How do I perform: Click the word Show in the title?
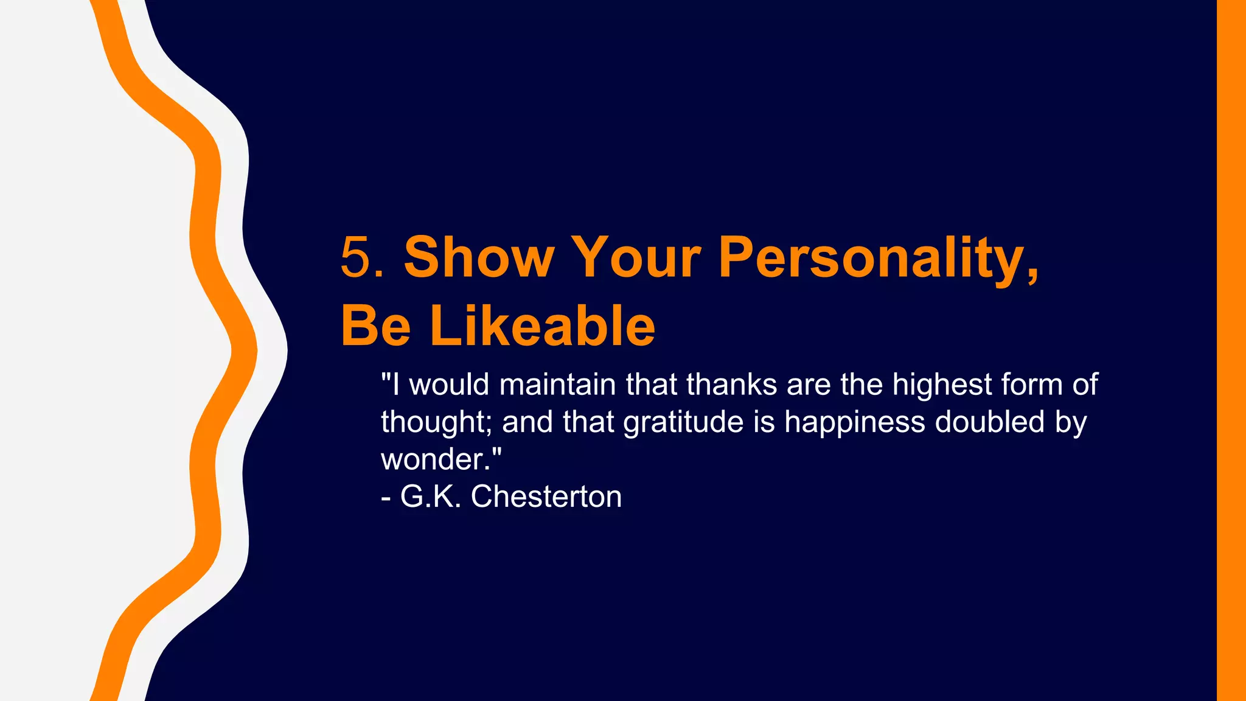pos(479,258)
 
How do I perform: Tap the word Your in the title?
pos(637,258)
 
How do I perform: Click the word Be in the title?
pos(376,327)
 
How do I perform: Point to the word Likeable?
pos(543,327)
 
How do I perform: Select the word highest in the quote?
pos(942,385)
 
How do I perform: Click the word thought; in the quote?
pos(436,422)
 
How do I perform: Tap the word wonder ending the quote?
pos(435,460)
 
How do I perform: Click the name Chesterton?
pos(546,497)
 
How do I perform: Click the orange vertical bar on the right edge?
pos(1231,350)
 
